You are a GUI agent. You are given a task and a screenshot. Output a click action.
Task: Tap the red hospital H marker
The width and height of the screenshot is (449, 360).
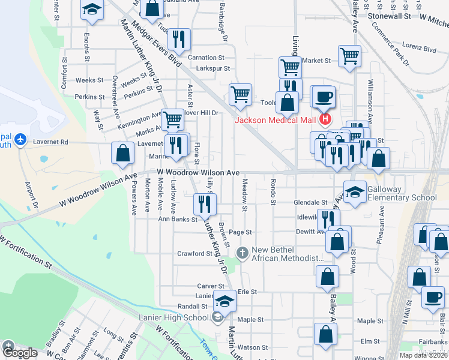(325, 119)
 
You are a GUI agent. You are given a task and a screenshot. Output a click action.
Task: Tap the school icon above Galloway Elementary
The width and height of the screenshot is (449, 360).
(355, 191)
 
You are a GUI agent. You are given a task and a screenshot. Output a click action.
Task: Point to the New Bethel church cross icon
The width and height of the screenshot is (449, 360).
(243, 253)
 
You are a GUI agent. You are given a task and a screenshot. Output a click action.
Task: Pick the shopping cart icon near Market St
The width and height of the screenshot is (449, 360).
(349, 56)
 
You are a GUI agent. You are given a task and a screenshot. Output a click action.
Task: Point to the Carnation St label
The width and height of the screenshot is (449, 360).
(205, 58)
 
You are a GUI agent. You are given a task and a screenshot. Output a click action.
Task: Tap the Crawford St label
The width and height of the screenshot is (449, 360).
(194, 254)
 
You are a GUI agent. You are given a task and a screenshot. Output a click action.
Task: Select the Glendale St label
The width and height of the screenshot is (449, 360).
(311, 203)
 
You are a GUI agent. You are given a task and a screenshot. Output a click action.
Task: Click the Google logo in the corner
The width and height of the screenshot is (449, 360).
(20, 353)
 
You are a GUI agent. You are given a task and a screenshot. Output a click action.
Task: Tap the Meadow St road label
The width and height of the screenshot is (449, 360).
(244, 195)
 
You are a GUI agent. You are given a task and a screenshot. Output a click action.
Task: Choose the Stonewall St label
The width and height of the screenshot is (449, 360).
(390, 17)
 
